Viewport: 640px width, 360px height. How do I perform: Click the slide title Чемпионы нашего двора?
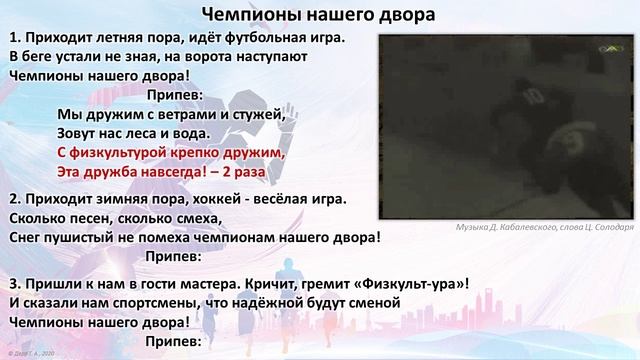[x=312, y=14]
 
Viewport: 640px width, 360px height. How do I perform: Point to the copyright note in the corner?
[x=33, y=354]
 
